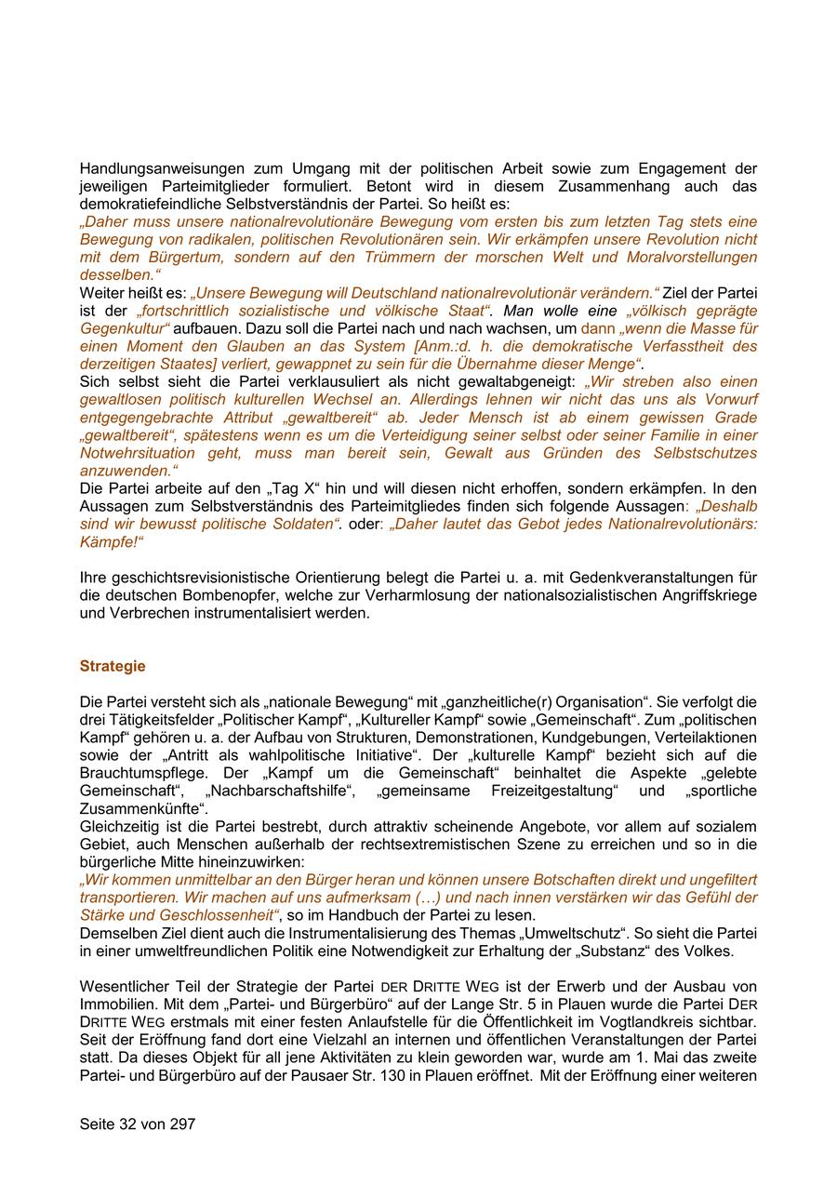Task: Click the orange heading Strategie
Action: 113,666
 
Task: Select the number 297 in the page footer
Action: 182,1124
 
